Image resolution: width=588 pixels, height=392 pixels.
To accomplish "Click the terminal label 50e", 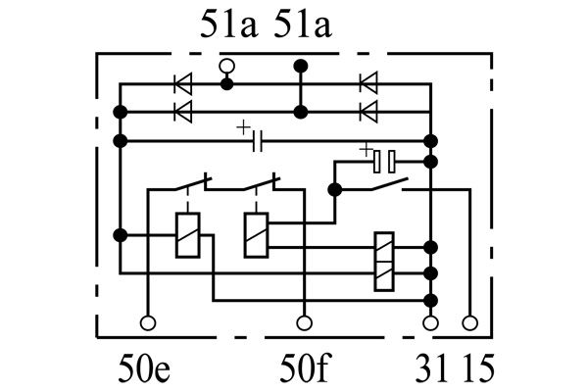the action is (x=144, y=368).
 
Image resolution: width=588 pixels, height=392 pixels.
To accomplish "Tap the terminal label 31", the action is (x=431, y=368).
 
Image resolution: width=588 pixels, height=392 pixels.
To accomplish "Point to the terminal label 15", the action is (x=478, y=368).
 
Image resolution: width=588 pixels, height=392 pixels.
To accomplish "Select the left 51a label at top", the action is (x=228, y=24).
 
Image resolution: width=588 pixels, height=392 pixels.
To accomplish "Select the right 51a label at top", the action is (x=303, y=24).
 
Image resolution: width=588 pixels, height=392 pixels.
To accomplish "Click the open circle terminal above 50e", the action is (x=148, y=322).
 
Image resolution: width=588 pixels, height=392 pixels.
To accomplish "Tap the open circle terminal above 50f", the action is (x=304, y=322).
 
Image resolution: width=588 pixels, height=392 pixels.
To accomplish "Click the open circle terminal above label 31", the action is (x=430, y=322).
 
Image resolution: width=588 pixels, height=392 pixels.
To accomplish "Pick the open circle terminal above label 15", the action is (x=469, y=322).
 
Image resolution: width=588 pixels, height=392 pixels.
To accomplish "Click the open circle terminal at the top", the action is (x=227, y=66).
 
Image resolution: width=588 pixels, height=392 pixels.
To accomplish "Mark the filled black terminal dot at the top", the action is (x=301, y=66).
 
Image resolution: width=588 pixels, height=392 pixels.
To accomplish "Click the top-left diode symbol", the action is (x=183, y=83).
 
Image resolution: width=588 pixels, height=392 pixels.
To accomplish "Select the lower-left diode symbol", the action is (x=183, y=112).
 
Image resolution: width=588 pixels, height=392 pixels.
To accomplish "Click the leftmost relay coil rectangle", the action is (x=187, y=235).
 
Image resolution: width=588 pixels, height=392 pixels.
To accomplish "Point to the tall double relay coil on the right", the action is (x=384, y=262).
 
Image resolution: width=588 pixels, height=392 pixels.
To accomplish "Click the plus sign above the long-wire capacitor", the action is (x=243, y=127).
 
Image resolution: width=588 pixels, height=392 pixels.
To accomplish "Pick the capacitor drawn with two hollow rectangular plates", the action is (x=384, y=162).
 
